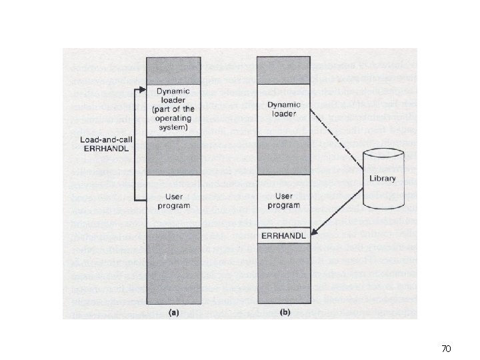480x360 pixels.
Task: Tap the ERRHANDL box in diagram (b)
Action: click(x=284, y=235)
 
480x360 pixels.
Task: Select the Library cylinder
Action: click(x=384, y=178)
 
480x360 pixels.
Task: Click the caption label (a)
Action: click(x=173, y=311)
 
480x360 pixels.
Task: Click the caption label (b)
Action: click(x=284, y=311)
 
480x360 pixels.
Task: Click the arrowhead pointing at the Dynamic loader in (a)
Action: click(x=141, y=89)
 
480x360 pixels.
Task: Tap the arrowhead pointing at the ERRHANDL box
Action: click(x=315, y=234)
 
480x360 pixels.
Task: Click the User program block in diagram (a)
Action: click(x=173, y=201)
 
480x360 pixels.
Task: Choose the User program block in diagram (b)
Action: click(x=284, y=201)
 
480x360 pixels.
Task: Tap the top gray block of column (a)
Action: click(x=173, y=70)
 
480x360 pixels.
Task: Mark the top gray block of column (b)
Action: click(x=284, y=70)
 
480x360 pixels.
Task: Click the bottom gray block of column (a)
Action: click(x=173, y=265)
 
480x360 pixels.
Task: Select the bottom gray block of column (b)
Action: click(x=284, y=273)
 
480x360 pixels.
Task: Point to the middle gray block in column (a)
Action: click(x=173, y=155)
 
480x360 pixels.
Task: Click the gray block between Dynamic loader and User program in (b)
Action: click(x=284, y=155)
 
